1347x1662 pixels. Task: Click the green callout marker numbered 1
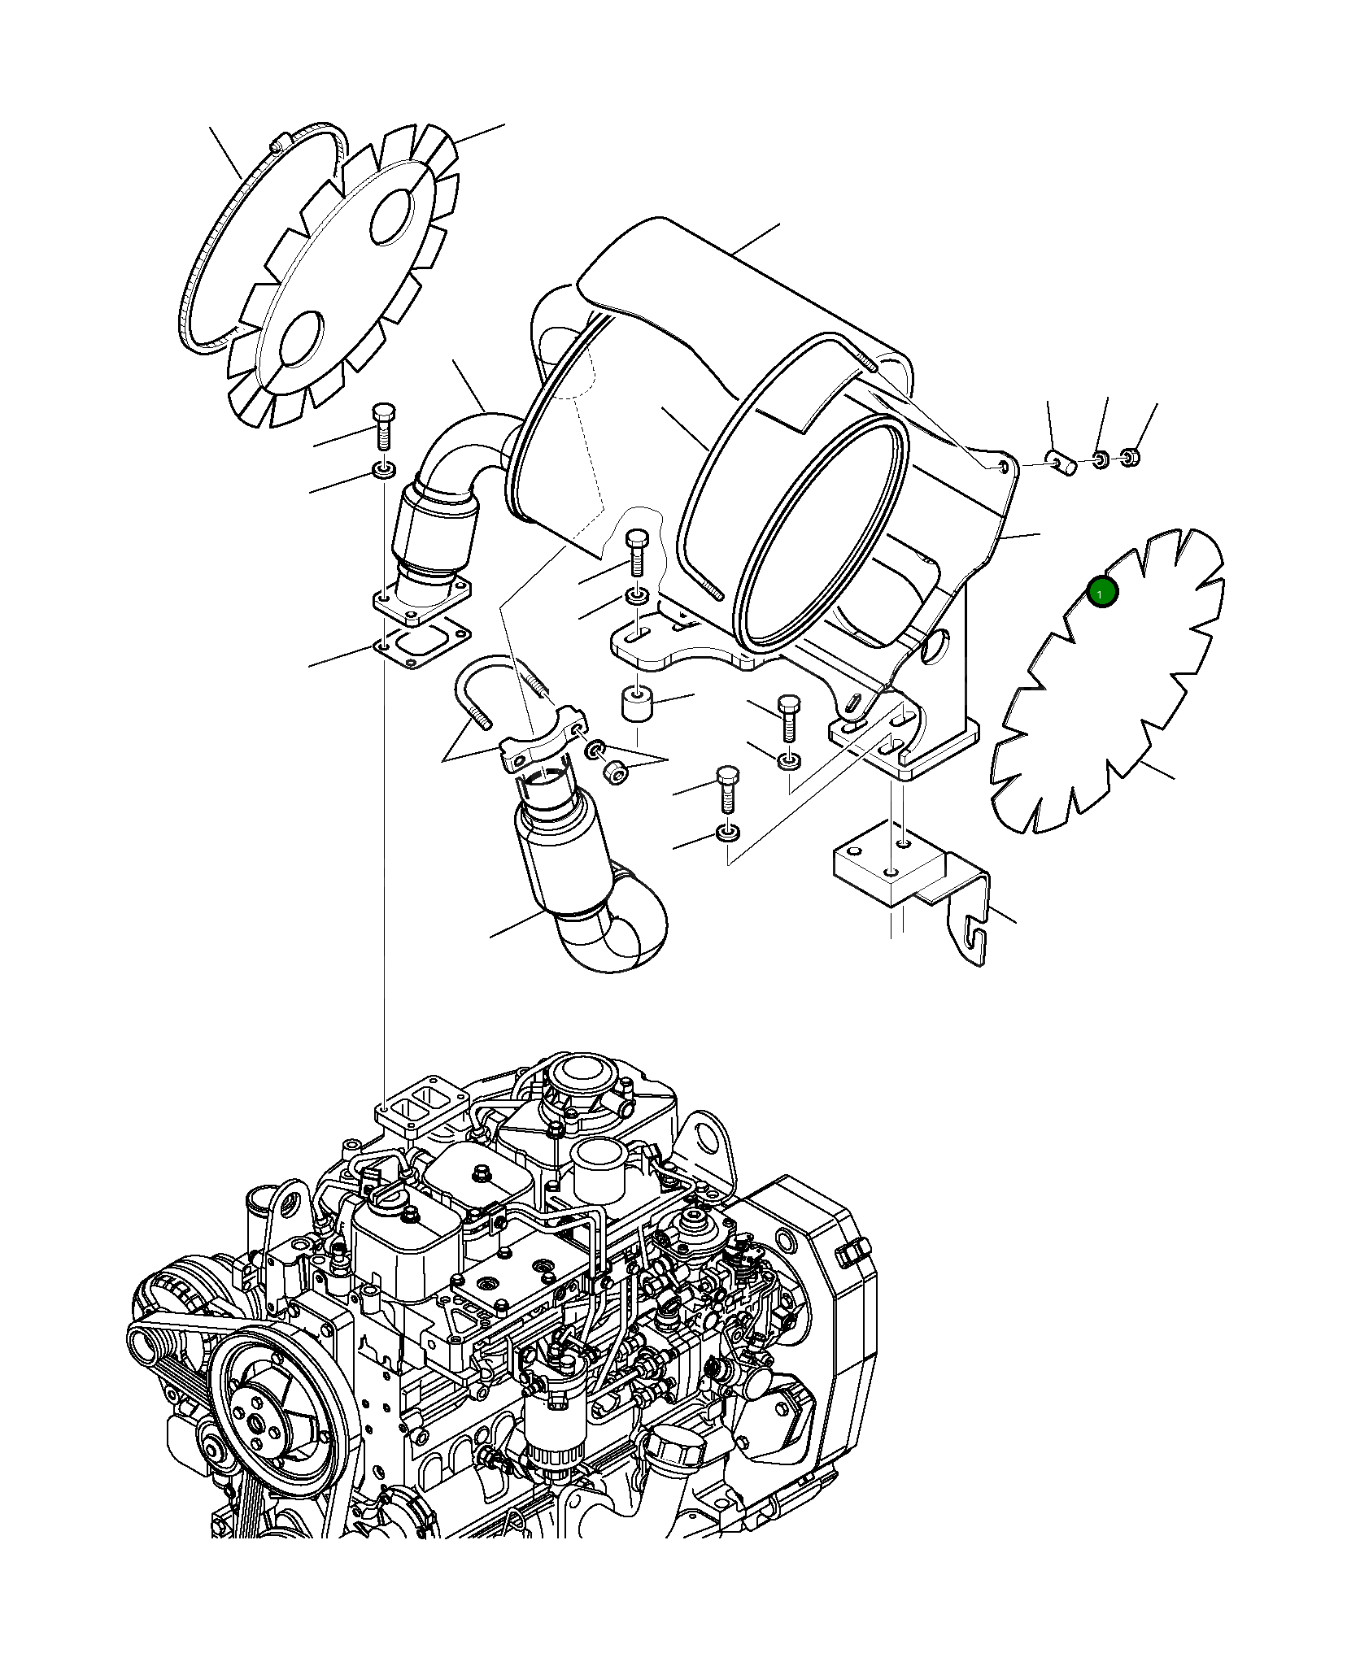click(x=1102, y=592)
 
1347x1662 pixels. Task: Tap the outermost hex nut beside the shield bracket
click(x=1130, y=456)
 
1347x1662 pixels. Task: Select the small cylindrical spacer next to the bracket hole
click(x=1064, y=463)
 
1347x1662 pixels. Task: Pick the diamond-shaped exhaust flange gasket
click(x=422, y=642)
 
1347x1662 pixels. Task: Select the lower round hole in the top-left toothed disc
click(x=301, y=340)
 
